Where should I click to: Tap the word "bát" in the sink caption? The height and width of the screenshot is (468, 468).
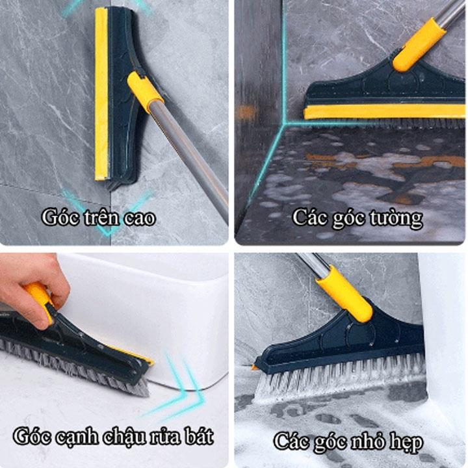point(199,436)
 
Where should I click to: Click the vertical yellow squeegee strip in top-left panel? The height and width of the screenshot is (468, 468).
point(101,94)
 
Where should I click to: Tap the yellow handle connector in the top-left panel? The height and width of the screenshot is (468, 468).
point(145,92)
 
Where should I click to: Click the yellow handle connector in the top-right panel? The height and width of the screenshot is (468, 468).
point(420,44)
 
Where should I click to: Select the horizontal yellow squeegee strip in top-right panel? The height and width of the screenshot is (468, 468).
point(384,112)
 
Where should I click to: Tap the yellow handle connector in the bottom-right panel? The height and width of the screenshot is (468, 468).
point(344,294)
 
